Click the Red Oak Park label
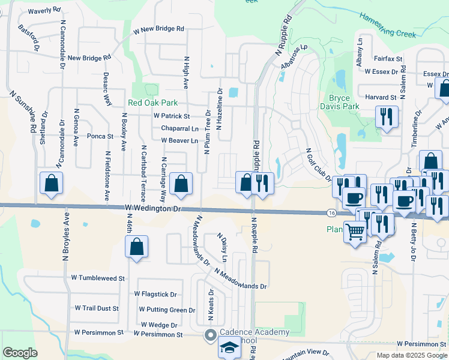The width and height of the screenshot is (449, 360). [x=152, y=103]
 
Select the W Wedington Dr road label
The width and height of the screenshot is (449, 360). [x=154, y=208]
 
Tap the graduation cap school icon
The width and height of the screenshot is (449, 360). [x=228, y=347]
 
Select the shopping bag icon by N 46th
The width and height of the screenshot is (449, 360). [x=137, y=246]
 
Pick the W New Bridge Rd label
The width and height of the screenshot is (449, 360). [x=158, y=29]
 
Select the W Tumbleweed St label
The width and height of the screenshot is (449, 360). [x=98, y=278]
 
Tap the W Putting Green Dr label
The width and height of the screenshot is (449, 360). [x=167, y=310]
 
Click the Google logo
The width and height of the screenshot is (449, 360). [x=20, y=353]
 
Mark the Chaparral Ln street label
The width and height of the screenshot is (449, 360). [x=179, y=128]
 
